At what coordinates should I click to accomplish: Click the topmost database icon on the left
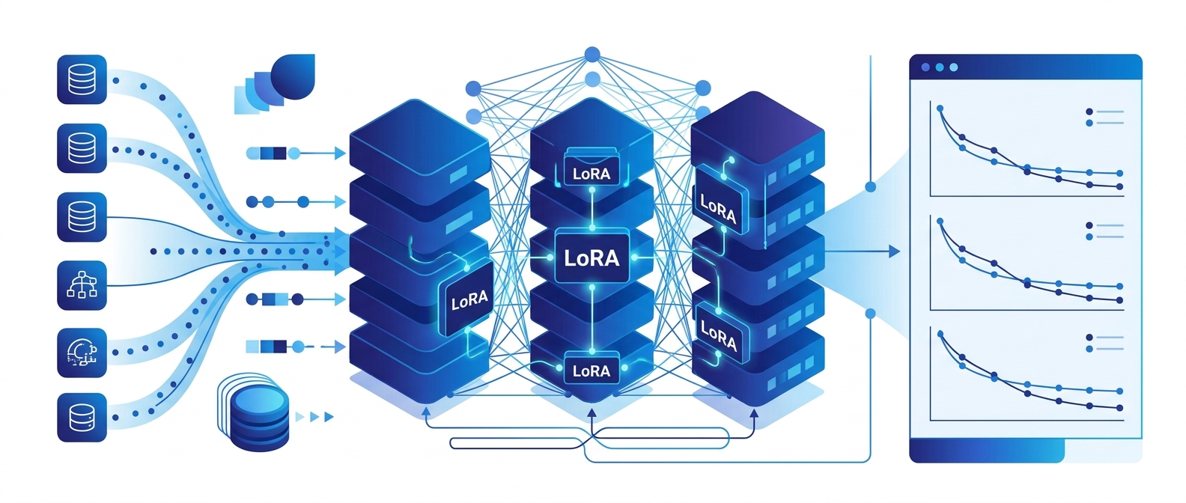click(82, 79)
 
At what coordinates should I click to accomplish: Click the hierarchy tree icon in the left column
click(82, 285)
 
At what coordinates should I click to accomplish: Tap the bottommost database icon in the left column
click(82, 417)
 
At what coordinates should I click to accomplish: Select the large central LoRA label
click(592, 258)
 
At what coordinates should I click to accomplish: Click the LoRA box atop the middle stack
click(592, 173)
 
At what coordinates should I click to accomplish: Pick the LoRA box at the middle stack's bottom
click(592, 371)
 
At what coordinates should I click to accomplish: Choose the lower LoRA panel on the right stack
click(719, 335)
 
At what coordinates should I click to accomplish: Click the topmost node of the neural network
click(592, 54)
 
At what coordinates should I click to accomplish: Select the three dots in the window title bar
click(939, 67)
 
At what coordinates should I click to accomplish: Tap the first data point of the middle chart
click(940, 222)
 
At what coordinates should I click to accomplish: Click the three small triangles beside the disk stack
click(314, 417)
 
